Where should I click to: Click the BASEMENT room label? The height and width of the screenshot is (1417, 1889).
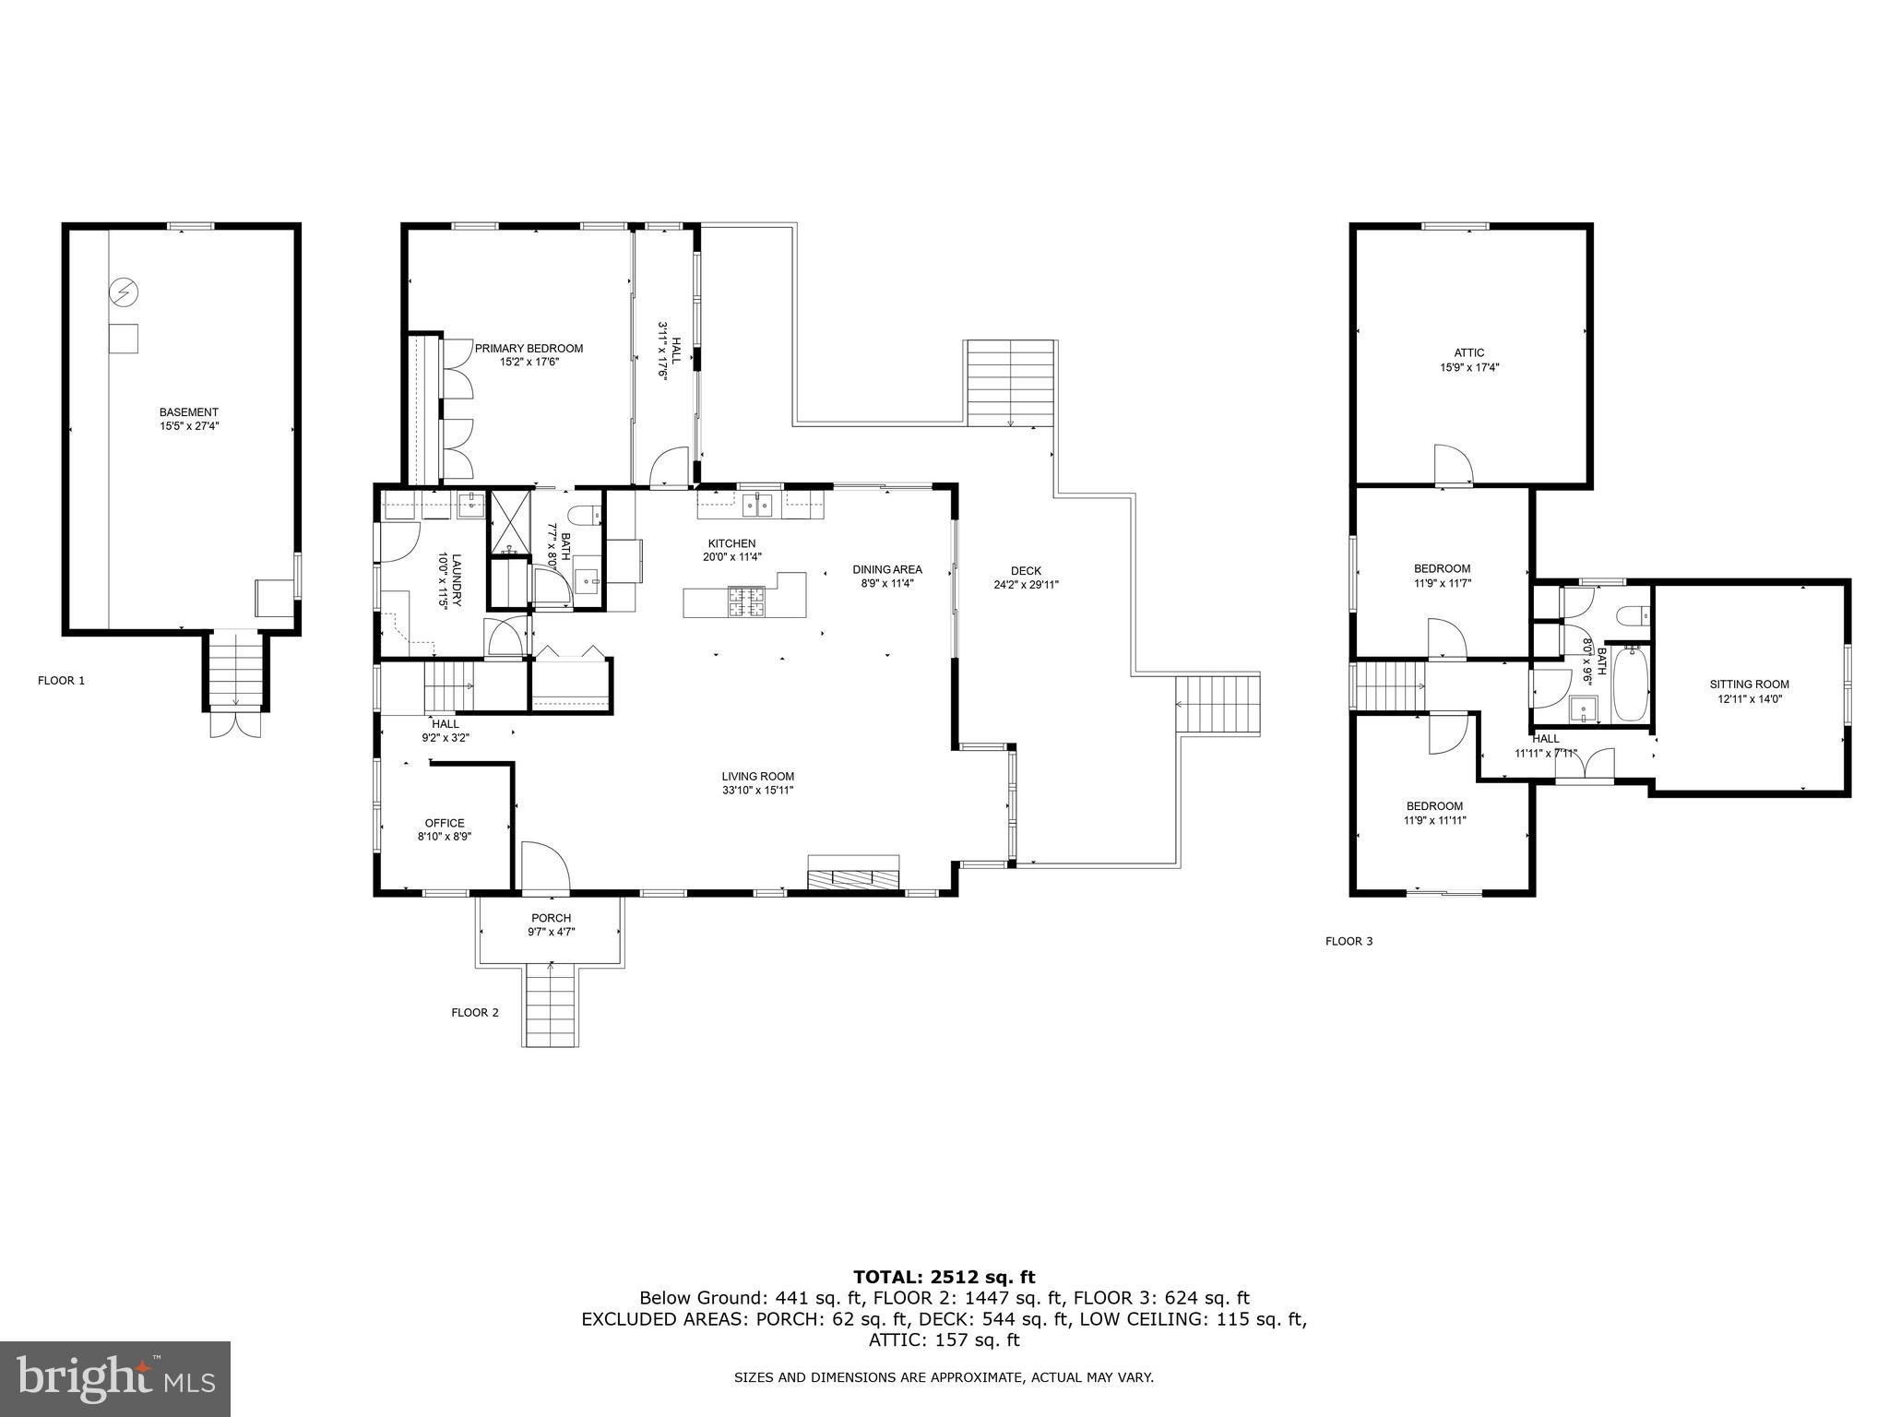tap(188, 412)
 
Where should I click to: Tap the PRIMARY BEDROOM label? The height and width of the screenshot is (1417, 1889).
tap(529, 349)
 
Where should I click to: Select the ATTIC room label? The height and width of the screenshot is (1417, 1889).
tap(1468, 352)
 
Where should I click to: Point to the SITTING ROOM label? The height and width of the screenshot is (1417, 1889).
tap(1749, 685)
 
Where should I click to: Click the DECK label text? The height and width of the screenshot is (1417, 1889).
tap(1025, 571)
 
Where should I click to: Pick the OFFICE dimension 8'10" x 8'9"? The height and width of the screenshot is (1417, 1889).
tap(444, 838)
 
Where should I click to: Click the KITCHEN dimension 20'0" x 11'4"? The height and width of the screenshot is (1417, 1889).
tap(731, 557)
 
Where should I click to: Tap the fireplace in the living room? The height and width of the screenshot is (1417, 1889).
tap(853, 877)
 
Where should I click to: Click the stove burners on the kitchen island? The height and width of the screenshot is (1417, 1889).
tap(747, 601)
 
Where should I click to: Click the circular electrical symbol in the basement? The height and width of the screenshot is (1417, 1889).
tap(123, 293)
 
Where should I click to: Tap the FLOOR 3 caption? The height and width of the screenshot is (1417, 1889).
tap(1348, 942)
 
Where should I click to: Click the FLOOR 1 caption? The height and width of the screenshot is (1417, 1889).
tap(61, 681)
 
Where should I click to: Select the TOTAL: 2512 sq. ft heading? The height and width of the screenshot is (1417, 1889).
tap(944, 1278)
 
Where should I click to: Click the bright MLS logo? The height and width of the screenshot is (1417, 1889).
tap(115, 1378)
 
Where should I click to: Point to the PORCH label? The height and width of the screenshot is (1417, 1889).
tap(551, 918)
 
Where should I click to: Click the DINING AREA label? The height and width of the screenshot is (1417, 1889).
tap(886, 569)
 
